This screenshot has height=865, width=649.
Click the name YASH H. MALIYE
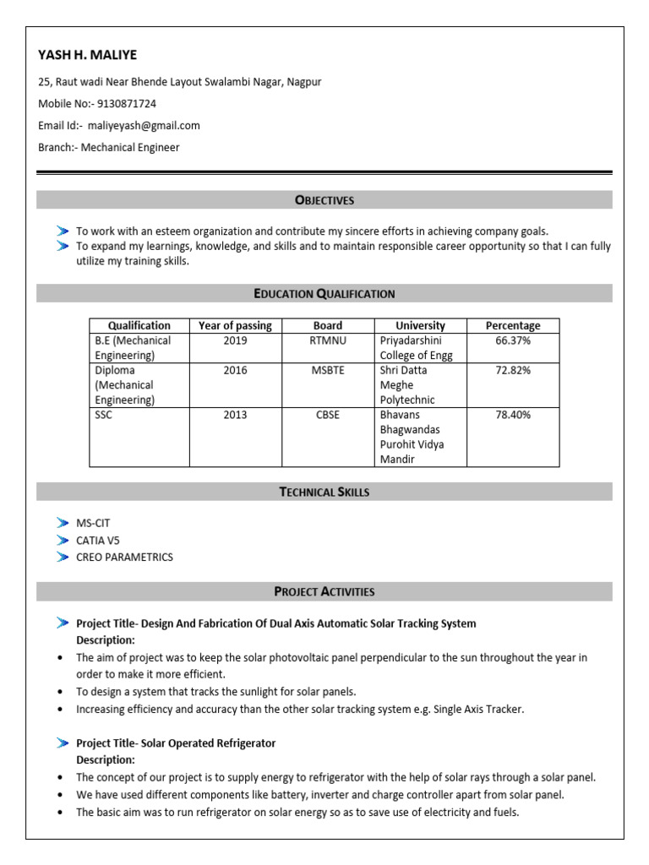[x=87, y=55]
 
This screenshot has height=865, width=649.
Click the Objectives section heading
[x=324, y=200]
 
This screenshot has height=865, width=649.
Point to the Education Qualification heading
[x=324, y=294]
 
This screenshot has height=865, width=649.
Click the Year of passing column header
[x=235, y=325]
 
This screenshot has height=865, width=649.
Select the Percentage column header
[x=512, y=325]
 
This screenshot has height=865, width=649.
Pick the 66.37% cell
[x=512, y=340]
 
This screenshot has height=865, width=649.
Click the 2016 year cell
[x=235, y=370]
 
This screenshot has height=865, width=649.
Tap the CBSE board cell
[x=328, y=415]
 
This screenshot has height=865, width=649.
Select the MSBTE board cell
[x=328, y=370]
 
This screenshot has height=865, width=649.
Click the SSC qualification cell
[x=103, y=415]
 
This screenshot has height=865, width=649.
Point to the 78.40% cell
[x=512, y=415]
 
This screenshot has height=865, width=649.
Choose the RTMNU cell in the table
[x=328, y=340]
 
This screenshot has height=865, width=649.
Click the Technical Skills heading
[x=324, y=492]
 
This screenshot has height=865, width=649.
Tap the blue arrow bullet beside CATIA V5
[x=63, y=540]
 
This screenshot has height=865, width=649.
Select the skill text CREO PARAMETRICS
[x=124, y=557]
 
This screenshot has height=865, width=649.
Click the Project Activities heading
[x=324, y=591]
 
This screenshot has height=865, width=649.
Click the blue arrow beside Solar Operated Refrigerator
[x=63, y=743]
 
